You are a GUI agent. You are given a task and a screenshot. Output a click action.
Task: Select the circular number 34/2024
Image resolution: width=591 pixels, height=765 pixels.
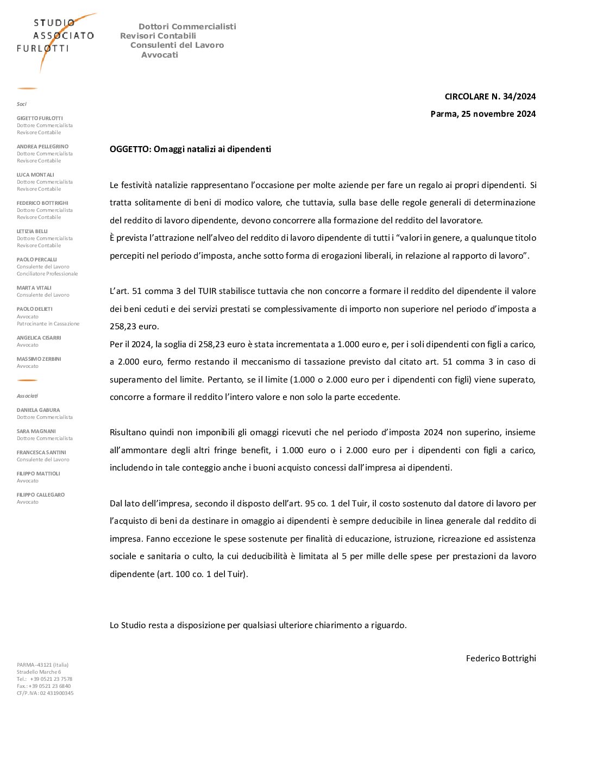[519, 97]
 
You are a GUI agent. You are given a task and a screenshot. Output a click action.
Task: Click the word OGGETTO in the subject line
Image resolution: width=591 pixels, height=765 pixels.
[130, 149]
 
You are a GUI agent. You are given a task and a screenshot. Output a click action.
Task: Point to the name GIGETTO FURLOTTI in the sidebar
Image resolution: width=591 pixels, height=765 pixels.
[40, 118]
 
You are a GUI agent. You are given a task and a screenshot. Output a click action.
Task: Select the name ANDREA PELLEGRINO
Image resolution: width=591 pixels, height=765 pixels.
[42, 147]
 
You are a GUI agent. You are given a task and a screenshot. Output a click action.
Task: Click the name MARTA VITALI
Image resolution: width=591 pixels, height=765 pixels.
[34, 288]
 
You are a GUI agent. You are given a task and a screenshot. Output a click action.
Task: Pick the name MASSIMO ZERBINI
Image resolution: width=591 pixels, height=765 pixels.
[39, 359]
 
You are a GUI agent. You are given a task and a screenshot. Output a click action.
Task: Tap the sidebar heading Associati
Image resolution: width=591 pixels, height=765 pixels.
[27, 396]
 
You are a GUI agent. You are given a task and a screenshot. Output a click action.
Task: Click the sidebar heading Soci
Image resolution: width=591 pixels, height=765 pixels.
[22, 104]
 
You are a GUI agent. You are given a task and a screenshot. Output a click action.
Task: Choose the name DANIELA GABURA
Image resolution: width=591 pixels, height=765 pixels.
[38, 410]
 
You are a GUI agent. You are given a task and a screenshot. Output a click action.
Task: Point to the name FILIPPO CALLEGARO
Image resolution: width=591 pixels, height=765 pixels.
[41, 495]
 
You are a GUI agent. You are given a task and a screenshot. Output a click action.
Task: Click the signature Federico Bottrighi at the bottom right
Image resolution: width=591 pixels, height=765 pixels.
[501, 659]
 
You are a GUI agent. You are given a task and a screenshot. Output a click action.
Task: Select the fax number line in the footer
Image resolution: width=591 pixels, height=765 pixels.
[43, 686]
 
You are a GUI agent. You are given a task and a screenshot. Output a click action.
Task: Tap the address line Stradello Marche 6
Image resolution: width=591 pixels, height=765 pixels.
[39, 672]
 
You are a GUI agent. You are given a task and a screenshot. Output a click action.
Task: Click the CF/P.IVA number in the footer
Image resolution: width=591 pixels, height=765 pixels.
[45, 693]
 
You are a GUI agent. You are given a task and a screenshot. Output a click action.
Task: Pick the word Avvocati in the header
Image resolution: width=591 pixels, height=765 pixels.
[160, 55]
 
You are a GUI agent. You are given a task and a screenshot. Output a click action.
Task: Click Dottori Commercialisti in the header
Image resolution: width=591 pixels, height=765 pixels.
[187, 27]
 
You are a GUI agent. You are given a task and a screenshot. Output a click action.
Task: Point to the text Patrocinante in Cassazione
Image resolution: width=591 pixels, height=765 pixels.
[48, 324]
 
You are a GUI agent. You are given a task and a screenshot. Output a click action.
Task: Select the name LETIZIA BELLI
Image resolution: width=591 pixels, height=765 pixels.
[32, 231]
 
